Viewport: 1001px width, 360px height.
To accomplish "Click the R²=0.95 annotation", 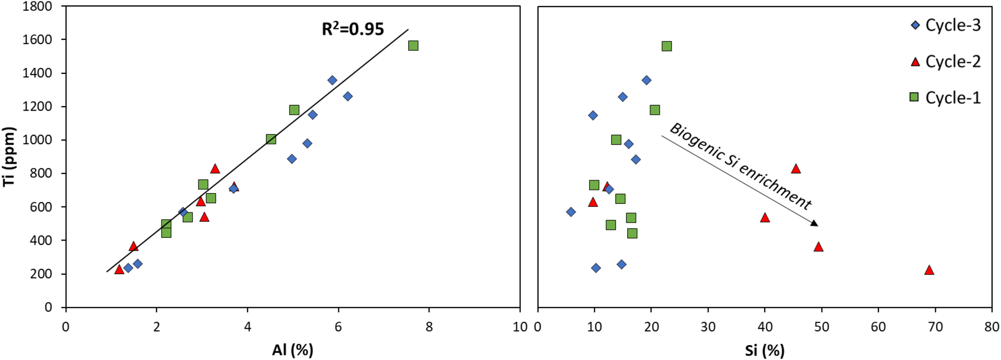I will point(352,29).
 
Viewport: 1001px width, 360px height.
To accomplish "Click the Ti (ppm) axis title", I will point(9,157).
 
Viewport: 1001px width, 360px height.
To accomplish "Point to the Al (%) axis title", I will point(293,350).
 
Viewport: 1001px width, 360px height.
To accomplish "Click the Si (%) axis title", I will point(764,350).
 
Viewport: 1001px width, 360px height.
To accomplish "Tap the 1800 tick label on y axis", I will point(37,6).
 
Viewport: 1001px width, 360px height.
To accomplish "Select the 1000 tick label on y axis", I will point(37,140).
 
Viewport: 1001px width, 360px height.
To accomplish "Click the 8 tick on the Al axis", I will point(429,327).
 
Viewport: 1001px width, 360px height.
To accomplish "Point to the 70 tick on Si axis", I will point(935,327).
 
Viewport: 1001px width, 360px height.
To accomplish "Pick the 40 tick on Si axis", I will point(765,327).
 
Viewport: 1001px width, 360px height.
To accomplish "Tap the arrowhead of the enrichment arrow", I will point(814,223).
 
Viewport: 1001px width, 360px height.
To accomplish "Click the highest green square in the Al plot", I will point(413,46).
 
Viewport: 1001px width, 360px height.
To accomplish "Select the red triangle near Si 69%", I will point(929,270).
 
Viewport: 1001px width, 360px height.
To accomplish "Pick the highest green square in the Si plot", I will point(667,46).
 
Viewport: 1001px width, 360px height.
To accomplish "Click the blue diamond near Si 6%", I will point(571,212).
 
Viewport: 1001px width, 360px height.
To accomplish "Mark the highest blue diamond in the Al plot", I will point(332,80).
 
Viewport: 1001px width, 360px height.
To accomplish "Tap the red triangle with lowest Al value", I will point(119,269).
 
